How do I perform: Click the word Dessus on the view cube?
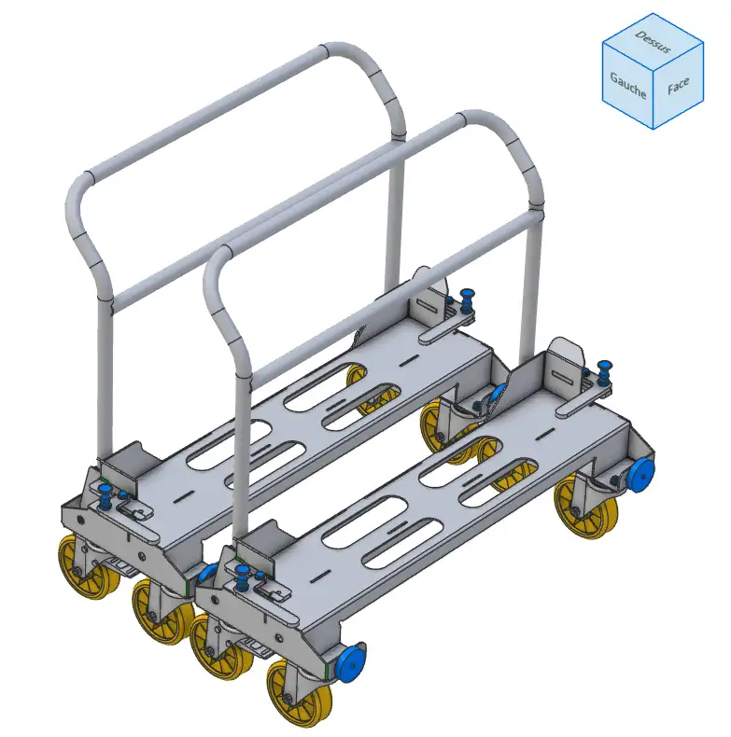coord(653,41)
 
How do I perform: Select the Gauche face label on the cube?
coord(628,85)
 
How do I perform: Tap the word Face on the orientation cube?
coord(678,86)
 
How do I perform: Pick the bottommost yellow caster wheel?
coord(300,693)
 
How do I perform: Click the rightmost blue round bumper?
coord(640,476)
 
